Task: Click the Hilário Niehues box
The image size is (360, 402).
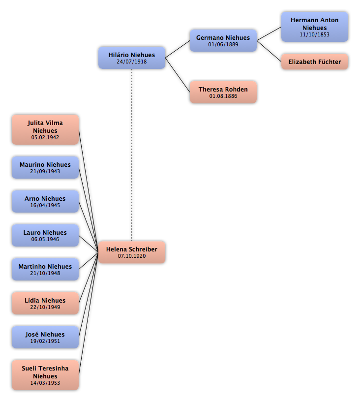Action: (x=132, y=58)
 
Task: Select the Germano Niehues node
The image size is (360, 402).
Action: (x=223, y=40)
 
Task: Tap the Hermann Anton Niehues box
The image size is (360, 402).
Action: (x=315, y=27)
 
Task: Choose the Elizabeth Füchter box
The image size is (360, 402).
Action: (x=315, y=62)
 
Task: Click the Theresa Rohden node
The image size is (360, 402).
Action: (x=223, y=93)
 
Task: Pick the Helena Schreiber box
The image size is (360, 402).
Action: (x=132, y=252)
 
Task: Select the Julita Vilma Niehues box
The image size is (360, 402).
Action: (x=45, y=130)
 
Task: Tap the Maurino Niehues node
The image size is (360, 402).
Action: (x=45, y=167)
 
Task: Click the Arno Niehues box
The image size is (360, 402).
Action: (x=45, y=202)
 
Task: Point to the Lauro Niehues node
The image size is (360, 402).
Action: (x=45, y=235)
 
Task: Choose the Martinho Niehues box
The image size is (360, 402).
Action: (x=45, y=269)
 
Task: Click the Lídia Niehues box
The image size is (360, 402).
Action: (x=45, y=303)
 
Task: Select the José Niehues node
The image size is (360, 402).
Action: (x=45, y=337)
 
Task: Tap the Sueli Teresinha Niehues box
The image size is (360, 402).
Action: (x=45, y=375)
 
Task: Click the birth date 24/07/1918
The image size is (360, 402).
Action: (x=132, y=62)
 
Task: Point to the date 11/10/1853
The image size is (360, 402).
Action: (x=315, y=34)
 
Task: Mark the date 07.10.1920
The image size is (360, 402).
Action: (x=132, y=256)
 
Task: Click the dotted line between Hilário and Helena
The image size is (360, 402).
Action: (x=132, y=155)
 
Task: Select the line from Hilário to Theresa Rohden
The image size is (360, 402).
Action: (x=178, y=75)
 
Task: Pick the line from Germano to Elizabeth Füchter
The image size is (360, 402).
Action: (x=269, y=51)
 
